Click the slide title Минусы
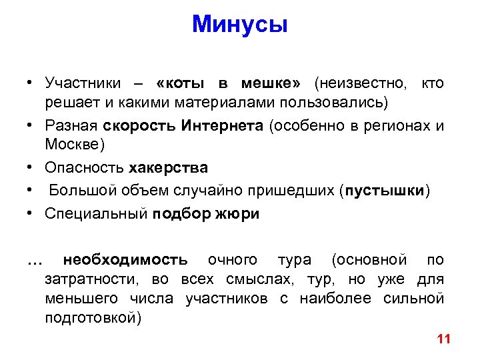239,25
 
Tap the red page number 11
444,339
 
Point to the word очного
232,259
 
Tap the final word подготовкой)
93,317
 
